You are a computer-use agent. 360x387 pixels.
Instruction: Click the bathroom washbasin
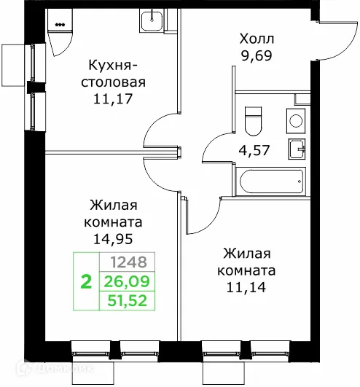point(297,148)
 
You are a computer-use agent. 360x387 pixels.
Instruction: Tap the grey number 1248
point(127,262)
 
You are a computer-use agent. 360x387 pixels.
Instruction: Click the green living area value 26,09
point(127,279)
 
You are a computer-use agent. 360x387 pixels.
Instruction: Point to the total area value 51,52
point(127,297)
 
